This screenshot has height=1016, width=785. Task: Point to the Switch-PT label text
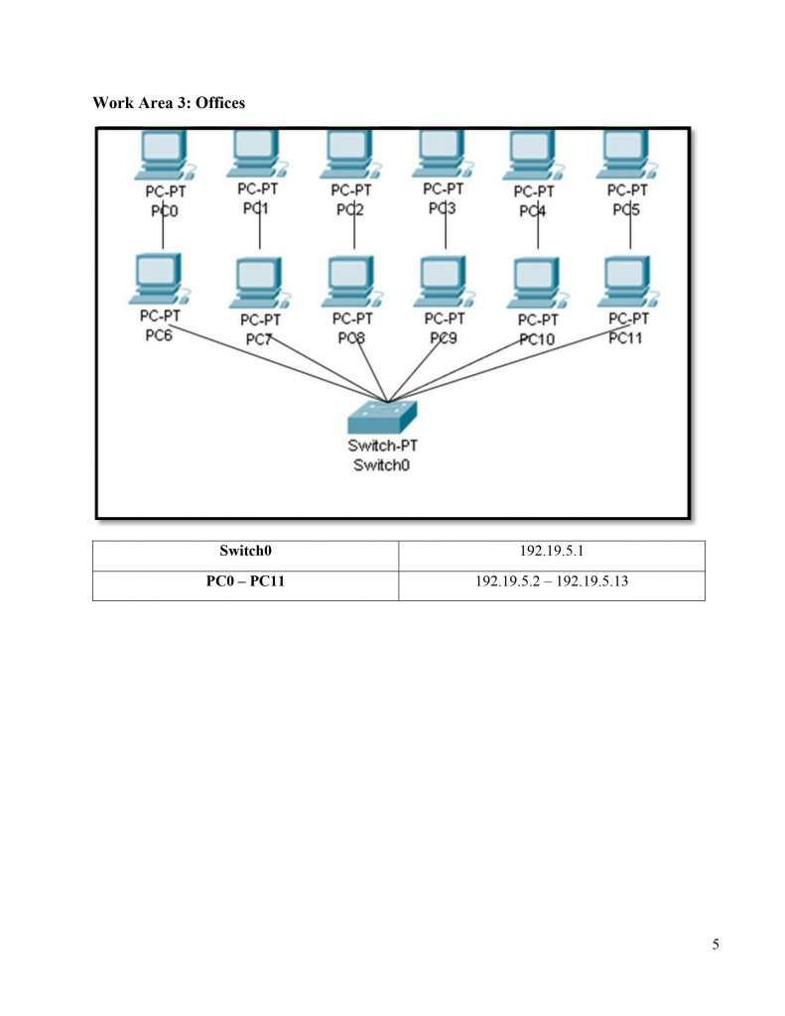click(382, 446)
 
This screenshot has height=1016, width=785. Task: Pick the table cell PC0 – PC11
click(245, 581)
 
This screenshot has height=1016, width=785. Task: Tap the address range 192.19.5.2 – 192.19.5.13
click(551, 581)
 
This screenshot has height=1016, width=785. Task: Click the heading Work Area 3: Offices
click(169, 102)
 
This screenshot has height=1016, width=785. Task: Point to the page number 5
click(716, 944)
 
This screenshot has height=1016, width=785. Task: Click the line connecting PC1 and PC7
click(259, 234)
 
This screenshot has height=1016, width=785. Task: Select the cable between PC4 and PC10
click(537, 234)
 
